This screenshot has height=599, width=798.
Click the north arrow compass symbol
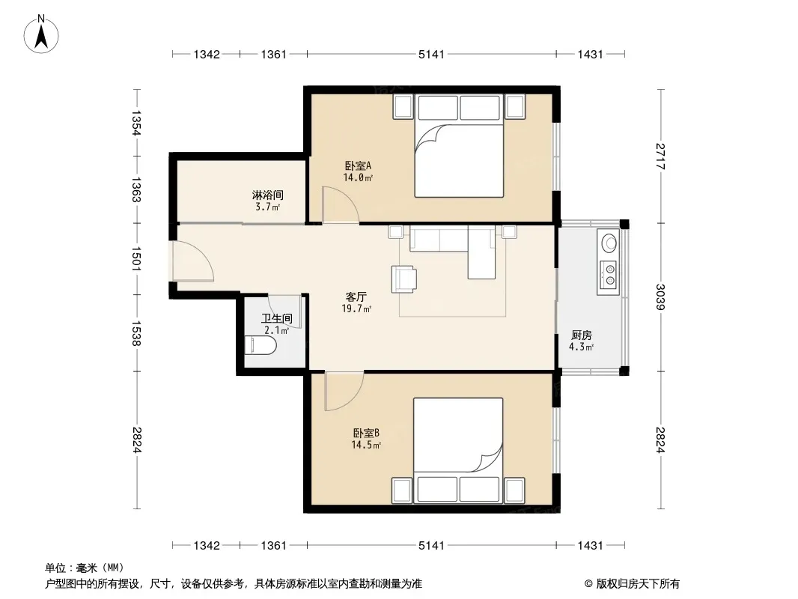point(41,34)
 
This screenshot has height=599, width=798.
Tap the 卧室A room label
point(358,165)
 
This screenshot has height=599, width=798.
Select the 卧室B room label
point(366,433)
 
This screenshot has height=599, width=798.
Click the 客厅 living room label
point(356,297)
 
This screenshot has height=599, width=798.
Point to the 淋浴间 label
point(268,195)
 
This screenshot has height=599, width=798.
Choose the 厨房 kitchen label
point(581,335)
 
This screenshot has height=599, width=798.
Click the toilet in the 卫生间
point(261,346)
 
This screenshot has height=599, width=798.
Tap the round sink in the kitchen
point(609,243)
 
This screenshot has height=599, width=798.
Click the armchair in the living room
point(403,279)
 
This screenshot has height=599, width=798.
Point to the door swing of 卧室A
point(341,205)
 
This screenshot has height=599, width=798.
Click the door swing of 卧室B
point(344,392)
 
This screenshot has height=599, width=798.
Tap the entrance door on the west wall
point(193,261)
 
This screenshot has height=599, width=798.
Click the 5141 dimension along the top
point(432,54)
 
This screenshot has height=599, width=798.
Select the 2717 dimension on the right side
point(660,156)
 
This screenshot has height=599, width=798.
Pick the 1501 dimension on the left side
point(136,259)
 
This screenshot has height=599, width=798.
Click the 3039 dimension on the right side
point(660,297)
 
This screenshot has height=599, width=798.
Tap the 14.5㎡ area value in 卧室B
point(366,445)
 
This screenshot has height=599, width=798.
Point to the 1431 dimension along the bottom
point(591,546)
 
